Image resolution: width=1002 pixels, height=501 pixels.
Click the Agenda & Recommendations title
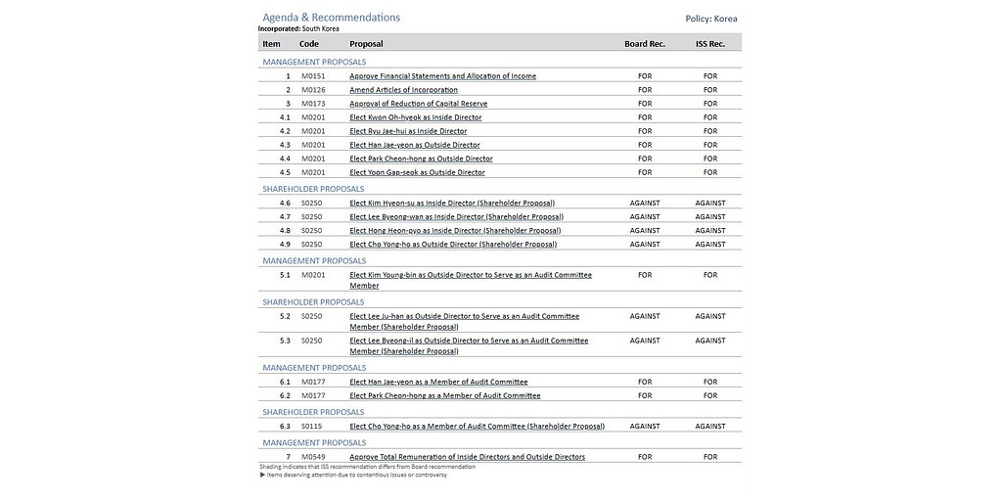click(331, 18)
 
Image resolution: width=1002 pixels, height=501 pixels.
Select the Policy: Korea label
click(711, 19)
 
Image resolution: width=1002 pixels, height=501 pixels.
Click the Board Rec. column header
click(644, 44)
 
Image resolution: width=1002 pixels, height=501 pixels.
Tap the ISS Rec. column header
click(709, 44)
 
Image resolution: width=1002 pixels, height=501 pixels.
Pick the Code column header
click(308, 44)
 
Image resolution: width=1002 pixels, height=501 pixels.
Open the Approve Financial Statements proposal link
click(442, 76)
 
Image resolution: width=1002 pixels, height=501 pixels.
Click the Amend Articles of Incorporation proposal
click(403, 90)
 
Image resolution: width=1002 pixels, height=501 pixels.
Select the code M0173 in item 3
click(312, 104)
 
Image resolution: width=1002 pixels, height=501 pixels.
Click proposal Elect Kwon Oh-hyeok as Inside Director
click(415, 117)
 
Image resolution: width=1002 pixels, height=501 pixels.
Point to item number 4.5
click(285, 172)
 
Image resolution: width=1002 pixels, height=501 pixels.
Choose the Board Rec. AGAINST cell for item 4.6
click(644, 204)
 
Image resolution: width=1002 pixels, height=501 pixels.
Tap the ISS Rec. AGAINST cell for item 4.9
click(709, 245)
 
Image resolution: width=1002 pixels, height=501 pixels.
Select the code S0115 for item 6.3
click(311, 427)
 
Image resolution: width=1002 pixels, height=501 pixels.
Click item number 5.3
click(285, 341)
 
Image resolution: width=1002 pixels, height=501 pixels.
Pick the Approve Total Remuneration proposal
click(467, 457)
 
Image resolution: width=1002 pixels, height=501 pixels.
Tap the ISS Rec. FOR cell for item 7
click(709, 457)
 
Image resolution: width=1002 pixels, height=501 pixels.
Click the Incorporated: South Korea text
click(298, 29)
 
